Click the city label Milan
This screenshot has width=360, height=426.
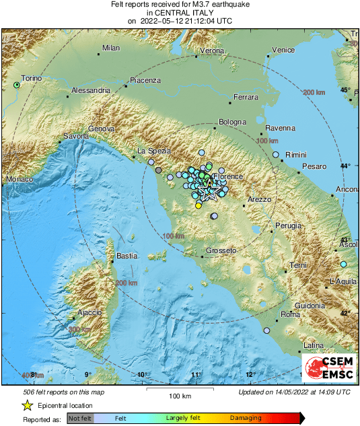[x=110, y=48]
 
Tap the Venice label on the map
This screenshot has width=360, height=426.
[x=283, y=50]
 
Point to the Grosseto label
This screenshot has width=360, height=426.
[x=221, y=250]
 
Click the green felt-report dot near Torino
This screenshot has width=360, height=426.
[x=17, y=85]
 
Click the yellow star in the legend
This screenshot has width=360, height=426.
[x=28, y=405]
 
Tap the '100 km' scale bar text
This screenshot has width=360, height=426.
[x=180, y=396]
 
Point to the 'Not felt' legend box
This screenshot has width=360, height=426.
[x=80, y=418]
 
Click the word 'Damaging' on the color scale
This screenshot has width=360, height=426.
[x=246, y=418]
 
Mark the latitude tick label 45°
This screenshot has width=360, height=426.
[x=345, y=90]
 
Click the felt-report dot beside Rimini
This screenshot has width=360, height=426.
[x=275, y=155]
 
